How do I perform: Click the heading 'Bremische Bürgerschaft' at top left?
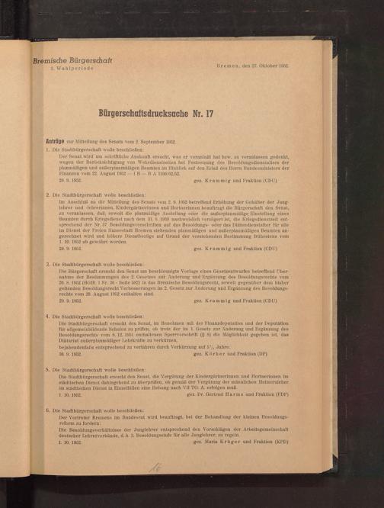point(75,59)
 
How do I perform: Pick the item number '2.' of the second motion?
point(47,195)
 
